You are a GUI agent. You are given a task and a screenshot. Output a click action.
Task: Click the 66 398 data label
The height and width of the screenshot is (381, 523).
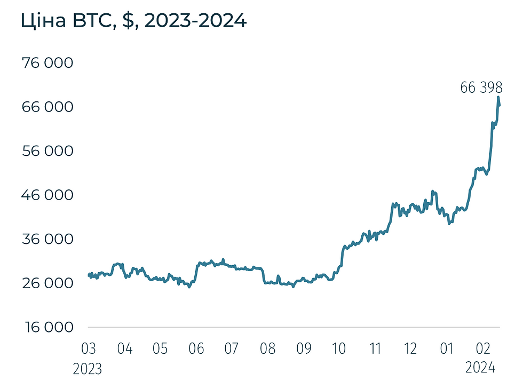(481, 88)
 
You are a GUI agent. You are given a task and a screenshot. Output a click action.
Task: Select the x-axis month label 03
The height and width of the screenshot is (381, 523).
(89, 349)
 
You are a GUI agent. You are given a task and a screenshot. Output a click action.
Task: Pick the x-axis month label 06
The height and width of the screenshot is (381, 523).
(196, 349)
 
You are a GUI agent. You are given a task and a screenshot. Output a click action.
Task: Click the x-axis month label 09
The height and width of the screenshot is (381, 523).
(304, 349)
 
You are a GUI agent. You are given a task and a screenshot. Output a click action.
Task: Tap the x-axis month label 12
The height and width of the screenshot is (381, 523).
(410, 349)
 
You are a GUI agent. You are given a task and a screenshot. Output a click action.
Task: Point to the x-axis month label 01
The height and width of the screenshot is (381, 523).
(447, 349)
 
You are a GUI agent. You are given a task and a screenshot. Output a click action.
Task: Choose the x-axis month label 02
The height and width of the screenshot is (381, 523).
(482, 349)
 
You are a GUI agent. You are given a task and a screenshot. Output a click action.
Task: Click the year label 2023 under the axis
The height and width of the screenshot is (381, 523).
(89, 369)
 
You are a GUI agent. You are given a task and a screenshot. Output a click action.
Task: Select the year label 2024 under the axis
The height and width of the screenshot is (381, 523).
(481, 369)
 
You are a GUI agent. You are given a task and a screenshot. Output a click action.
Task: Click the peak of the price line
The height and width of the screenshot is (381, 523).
(498, 97)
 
